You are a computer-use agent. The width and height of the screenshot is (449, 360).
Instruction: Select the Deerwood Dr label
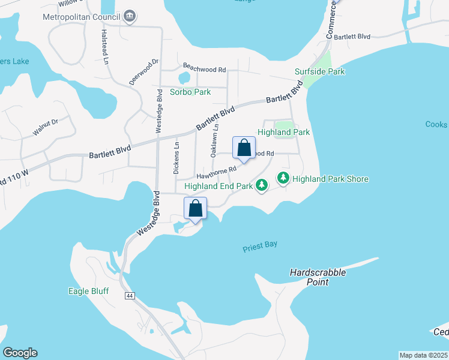pyautogui.click(x=143, y=71)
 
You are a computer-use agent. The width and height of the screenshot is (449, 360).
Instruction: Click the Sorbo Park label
pyautogui.click(x=190, y=92)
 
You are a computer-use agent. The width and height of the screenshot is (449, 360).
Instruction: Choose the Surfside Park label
pyautogui.click(x=319, y=71)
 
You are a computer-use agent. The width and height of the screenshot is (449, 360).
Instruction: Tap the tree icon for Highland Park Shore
pyautogui.click(x=283, y=178)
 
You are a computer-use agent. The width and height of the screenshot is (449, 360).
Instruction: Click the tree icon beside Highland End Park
pyautogui.click(x=261, y=186)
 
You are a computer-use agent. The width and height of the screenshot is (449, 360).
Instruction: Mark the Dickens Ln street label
pyautogui.click(x=176, y=158)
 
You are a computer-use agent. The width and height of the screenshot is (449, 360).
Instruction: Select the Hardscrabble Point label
pyautogui.click(x=318, y=277)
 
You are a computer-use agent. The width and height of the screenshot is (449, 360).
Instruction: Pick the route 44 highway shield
pyautogui.click(x=129, y=296)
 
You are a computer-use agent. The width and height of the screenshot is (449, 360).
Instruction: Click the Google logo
pyautogui.click(x=20, y=353)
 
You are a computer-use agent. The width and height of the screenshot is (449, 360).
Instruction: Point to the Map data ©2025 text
pyautogui.click(x=423, y=355)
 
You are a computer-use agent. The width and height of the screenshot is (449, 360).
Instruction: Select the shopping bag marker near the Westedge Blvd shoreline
pyautogui.click(x=195, y=209)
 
